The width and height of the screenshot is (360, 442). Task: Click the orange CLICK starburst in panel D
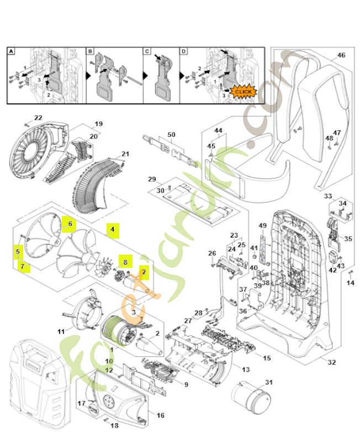pos(243,91)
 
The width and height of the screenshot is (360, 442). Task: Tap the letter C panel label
pos(147,51)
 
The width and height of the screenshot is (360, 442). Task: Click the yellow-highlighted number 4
pos(113,229)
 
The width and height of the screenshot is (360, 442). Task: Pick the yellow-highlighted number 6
pos(70,223)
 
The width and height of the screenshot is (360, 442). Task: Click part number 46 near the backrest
pos(341,55)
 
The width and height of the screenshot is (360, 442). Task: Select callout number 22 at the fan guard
pos(38,118)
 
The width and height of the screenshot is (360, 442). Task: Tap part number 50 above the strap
pos(171,135)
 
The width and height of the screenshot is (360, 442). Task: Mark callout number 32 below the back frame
pos(331,362)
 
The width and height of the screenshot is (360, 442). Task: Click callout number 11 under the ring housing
pos(61,331)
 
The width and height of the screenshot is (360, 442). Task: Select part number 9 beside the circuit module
pos(186,385)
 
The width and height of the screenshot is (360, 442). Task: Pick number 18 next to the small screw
pos(115,425)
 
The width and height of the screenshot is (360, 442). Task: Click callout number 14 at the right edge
pos(350,283)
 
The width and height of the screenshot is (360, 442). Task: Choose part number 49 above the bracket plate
pos(263,225)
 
